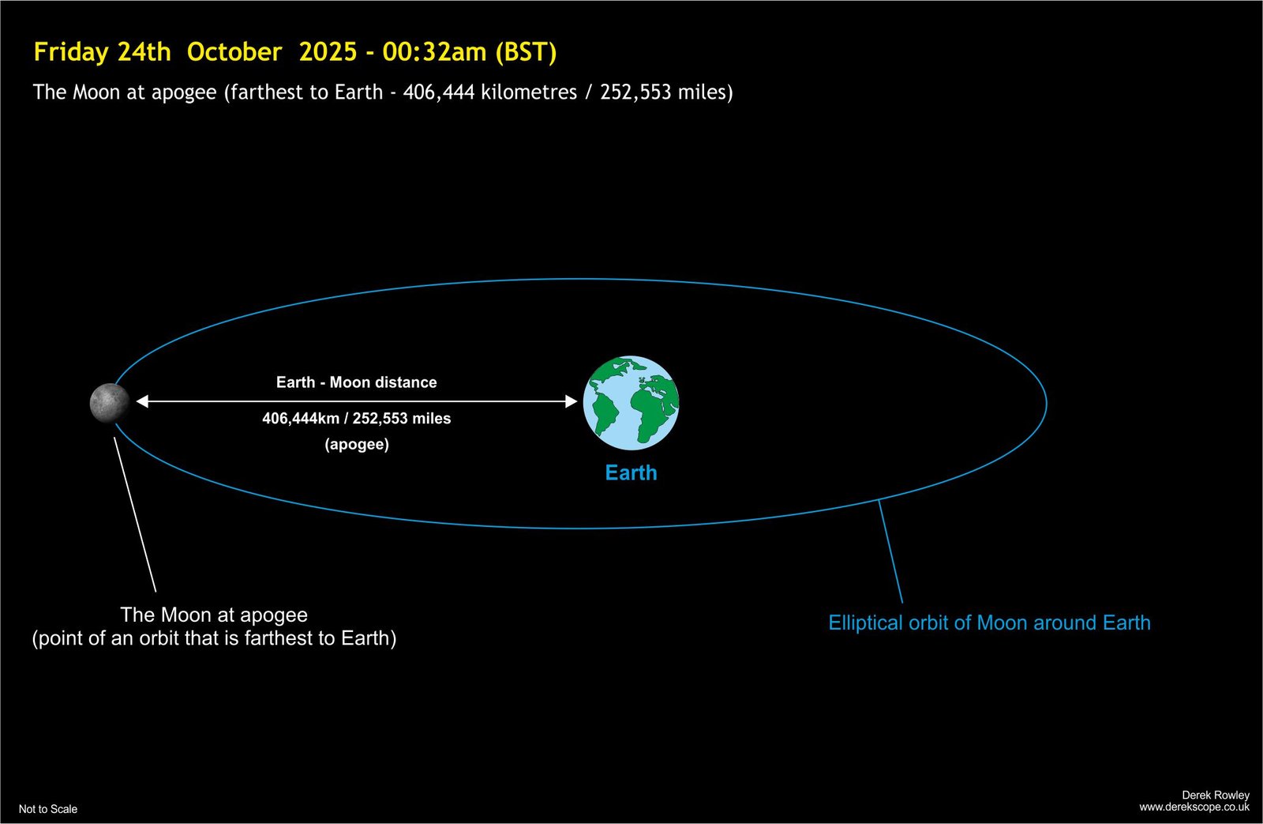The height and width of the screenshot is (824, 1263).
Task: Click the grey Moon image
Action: (110, 402)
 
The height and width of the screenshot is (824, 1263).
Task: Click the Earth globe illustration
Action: (631, 402)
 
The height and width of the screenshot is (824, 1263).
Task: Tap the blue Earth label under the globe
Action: (631, 472)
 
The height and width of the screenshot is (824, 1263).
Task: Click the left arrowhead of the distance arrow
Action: (142, 401)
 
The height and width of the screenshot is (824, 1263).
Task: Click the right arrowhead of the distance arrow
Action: (572, 401)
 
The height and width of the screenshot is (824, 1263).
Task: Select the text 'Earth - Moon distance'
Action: (356, 382)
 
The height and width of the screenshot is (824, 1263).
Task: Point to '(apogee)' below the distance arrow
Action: (357, 444)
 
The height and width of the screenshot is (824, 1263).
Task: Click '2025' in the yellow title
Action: (328, 52)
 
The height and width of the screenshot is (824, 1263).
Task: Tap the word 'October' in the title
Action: (234, 52)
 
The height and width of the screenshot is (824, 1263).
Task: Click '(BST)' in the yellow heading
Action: (526, 52)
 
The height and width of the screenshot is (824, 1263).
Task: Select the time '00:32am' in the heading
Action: (434, 52)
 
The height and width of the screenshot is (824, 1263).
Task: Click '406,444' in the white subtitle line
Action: (439, 92)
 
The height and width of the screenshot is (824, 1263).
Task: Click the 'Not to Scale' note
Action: (48, 809)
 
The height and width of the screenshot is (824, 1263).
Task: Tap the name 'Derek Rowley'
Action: (1216, 795)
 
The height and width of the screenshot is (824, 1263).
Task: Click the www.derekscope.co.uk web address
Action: (1194, 807)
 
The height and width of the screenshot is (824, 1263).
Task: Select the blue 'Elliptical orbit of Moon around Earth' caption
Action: (989, 623)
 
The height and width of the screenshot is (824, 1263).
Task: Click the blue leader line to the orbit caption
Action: (890, 551)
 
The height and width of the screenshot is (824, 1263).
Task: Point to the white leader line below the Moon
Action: (135, 515)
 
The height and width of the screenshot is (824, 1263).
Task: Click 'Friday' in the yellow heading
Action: (71, 52)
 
